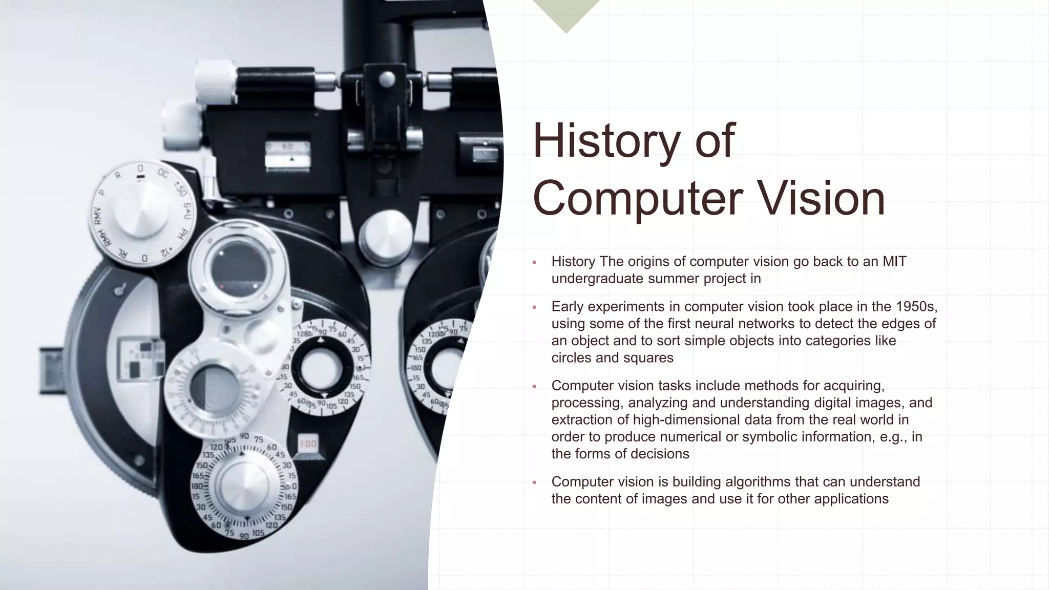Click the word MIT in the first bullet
point(894,262)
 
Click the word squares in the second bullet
point(649,358)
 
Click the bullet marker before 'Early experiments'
point(534,307)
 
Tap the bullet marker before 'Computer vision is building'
point(534,482)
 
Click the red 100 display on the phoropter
point(308,444)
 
